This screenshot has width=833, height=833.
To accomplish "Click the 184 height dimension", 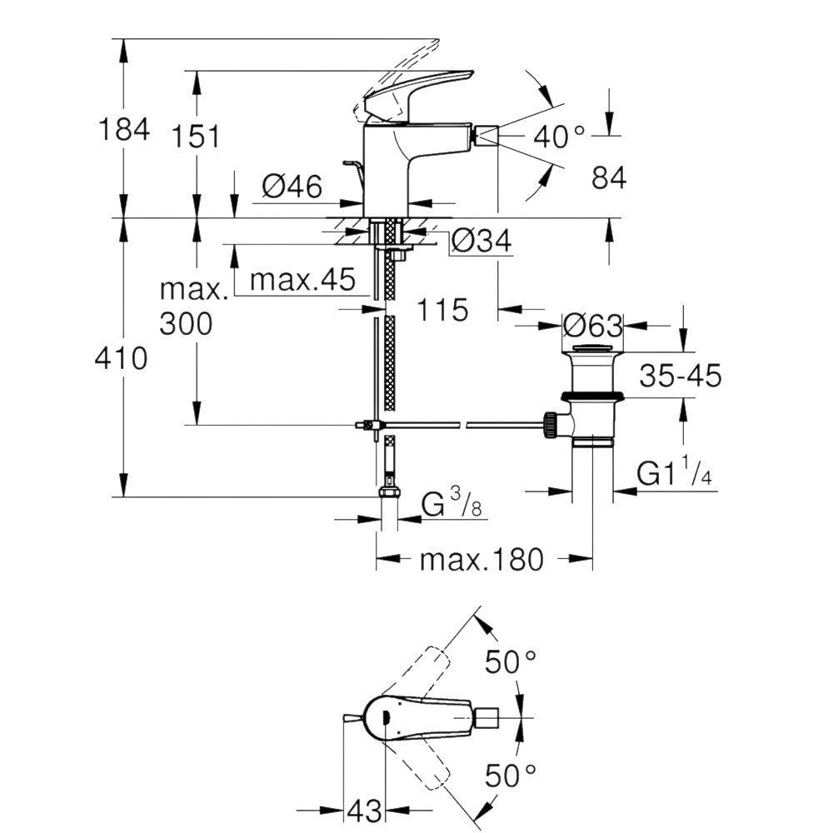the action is coord(124,129).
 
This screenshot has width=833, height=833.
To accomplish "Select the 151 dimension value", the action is coord(196,137).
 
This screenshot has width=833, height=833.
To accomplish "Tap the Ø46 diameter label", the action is coord(292,187).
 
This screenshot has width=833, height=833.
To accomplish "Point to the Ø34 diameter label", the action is coord(481,241).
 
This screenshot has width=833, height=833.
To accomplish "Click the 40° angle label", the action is coord(559,137).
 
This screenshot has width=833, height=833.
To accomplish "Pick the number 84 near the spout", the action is coord(609,177).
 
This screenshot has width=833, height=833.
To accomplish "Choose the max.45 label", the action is coord(302,279).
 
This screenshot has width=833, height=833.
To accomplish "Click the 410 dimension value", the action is coord(121,358).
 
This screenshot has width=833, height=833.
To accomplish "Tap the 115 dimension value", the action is coord(442,310).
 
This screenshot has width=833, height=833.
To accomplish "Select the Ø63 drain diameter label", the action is coord(592,325).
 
